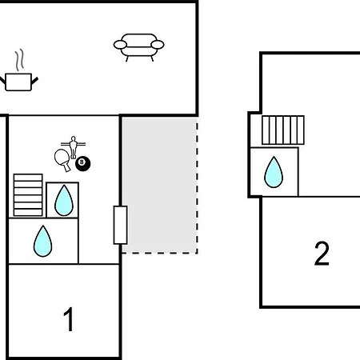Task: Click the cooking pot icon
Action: tap(18, 82)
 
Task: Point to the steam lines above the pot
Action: tap(19, 60)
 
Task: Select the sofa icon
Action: tap(138, 47)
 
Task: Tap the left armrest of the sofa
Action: tap(120, 45)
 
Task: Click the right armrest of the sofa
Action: tap(158, 45)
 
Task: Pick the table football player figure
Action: tap(73, 147)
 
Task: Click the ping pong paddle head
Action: tap(62, 157)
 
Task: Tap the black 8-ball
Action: tap(82, 163)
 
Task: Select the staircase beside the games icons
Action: tap(28, 195)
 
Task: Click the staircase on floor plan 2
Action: tap(283, 130)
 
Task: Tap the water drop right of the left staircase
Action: tap(64, 201)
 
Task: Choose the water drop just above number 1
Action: tap(42, 242)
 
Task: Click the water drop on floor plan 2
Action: tap(274, 172)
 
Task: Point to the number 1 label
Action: tap(69, 319)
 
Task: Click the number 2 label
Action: tap(322, 254)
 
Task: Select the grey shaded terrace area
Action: tap(159, 185)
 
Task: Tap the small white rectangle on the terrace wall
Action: tap(120, 225)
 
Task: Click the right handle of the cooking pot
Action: tap(35, 81)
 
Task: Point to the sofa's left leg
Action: tap(127, 58)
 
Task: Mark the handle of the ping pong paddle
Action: tap(67, 168)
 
